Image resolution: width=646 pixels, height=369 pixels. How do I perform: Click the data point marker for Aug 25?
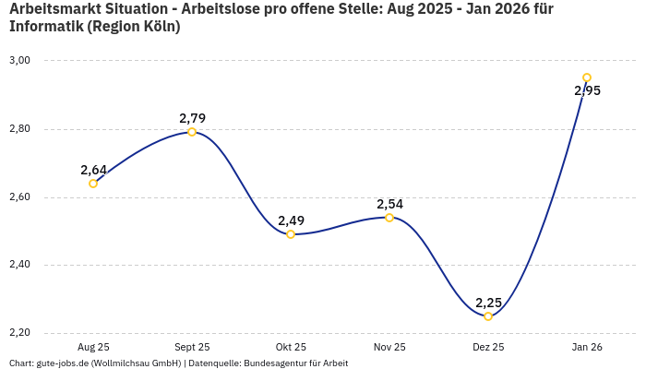(93, 184)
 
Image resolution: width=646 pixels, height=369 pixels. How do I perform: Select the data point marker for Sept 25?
(192, 132)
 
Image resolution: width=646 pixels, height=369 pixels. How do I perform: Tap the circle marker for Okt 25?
(291, 234)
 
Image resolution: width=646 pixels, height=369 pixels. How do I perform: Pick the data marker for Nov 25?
(389, 218)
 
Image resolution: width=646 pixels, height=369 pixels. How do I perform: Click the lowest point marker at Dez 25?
(488, 316)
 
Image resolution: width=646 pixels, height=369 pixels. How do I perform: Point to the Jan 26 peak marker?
(587, 77)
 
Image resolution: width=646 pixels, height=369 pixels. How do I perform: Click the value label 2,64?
(93, 170)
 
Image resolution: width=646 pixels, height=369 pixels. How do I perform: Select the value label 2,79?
(192, 118)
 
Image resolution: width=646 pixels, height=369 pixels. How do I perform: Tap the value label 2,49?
(291, 220)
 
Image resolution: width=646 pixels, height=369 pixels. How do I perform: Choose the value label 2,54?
(389, 204)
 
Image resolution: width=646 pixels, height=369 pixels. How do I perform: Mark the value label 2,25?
(488, 303)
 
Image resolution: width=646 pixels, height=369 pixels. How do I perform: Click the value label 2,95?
(587, 90)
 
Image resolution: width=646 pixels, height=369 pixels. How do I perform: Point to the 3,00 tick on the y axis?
(20, 61)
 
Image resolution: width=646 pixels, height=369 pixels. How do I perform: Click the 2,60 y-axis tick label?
(20, 197)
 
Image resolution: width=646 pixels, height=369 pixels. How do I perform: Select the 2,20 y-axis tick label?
(20, 333)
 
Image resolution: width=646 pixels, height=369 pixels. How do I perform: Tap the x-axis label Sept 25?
(192, 347)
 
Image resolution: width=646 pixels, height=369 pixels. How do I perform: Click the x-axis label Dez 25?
(488, 347)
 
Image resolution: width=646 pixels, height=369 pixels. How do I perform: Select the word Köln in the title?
(158, 26)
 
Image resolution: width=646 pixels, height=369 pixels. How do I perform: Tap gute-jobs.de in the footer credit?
(62, 363)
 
